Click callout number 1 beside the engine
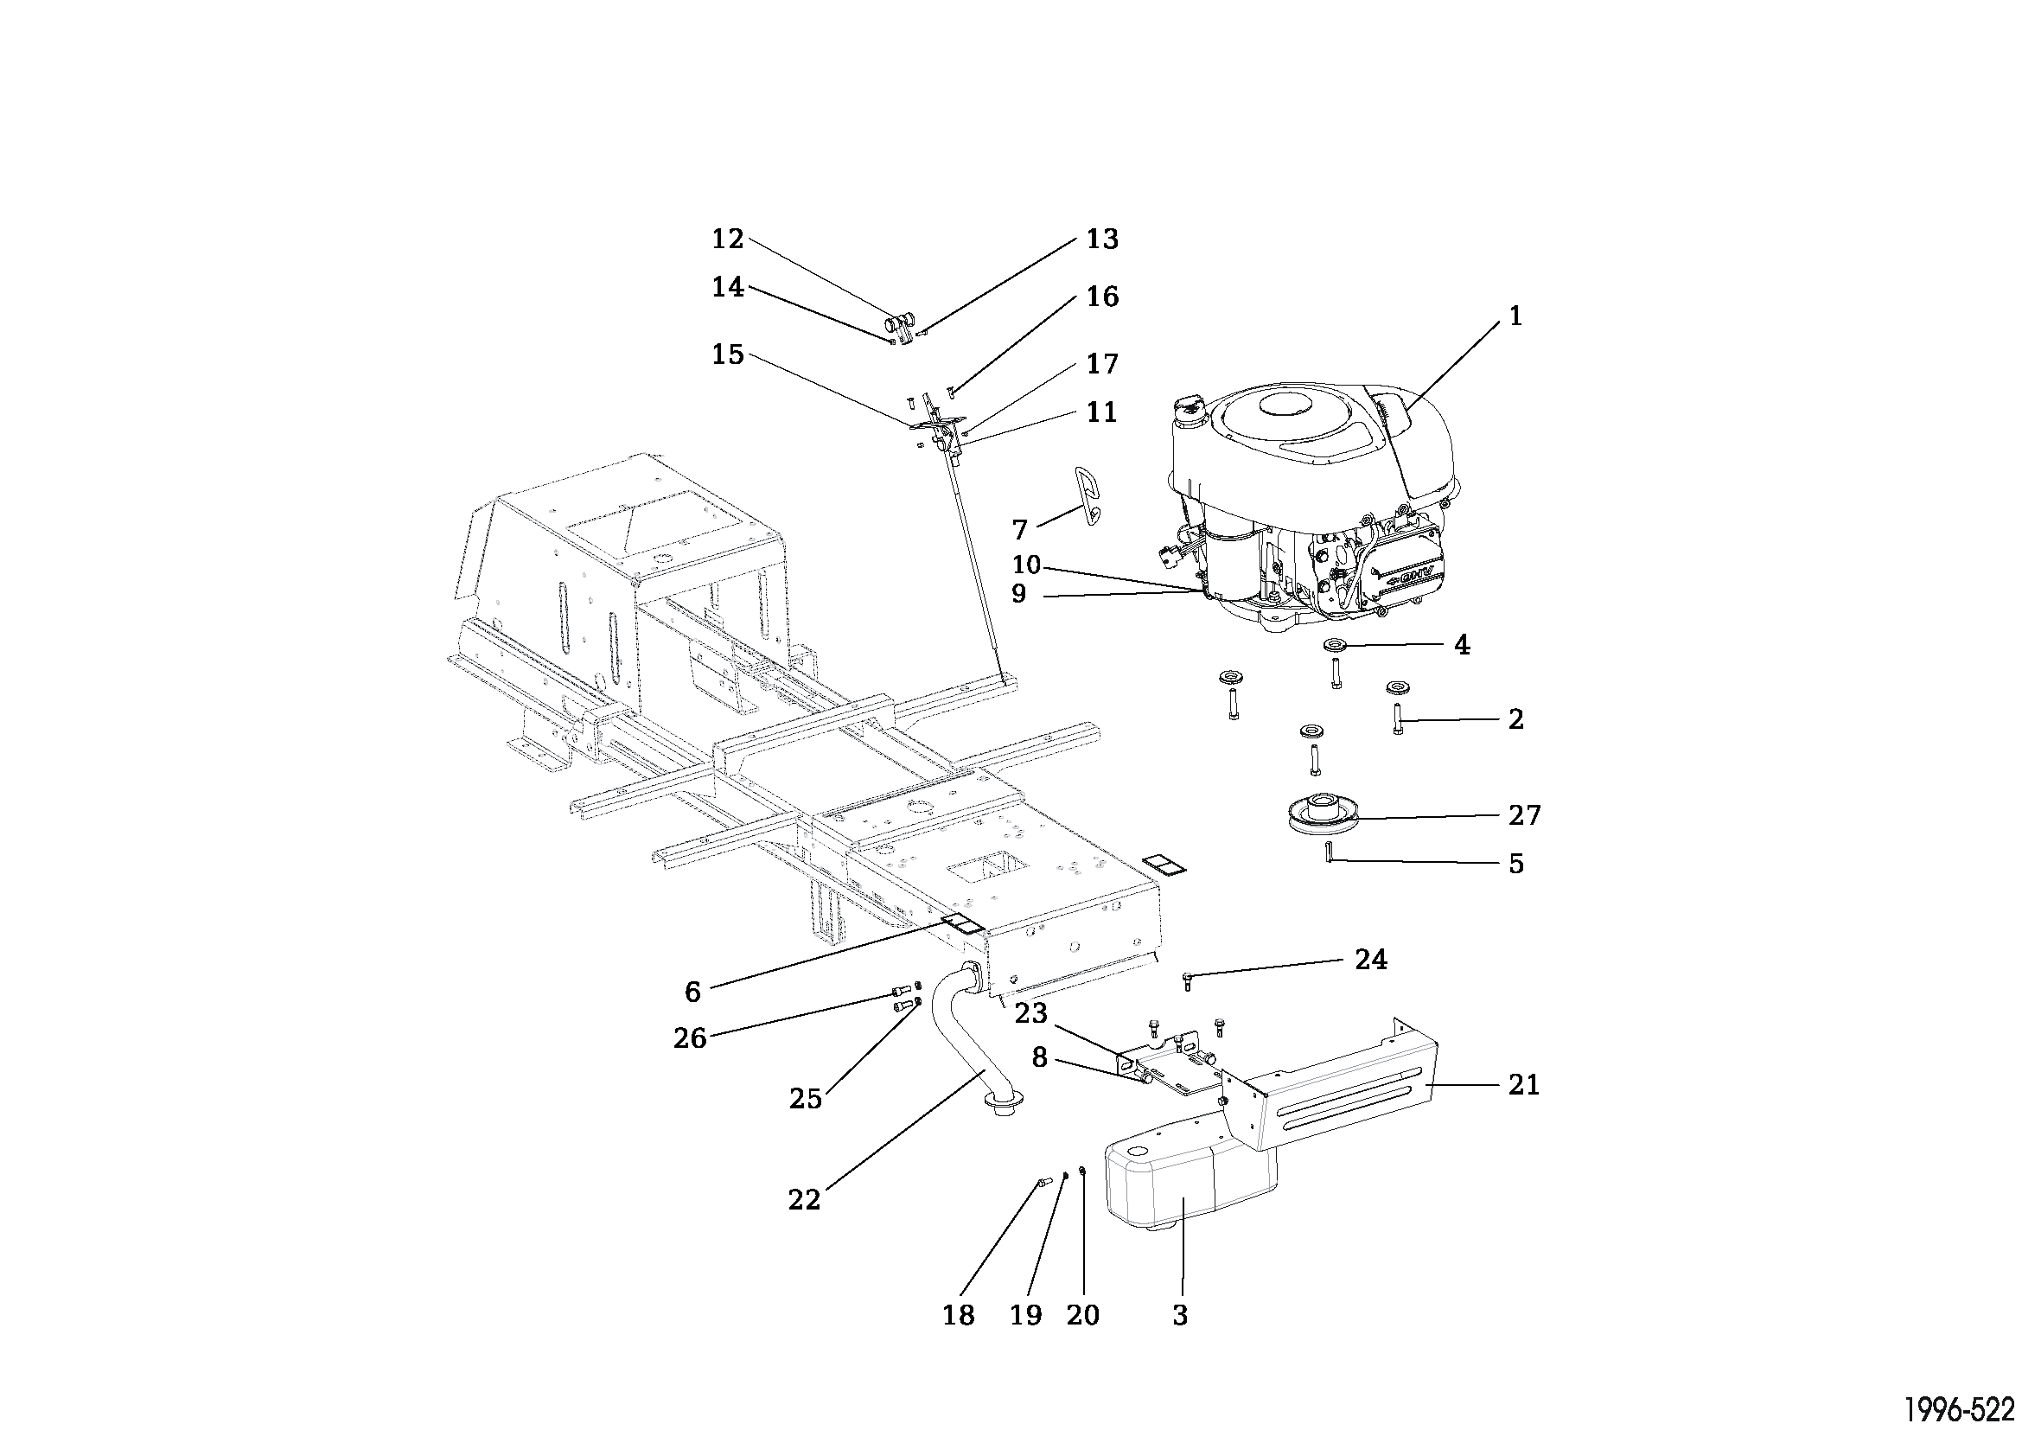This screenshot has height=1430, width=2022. [1515, 316]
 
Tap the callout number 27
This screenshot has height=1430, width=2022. [1524, 815]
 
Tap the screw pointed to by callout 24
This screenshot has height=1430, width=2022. [1186, 978]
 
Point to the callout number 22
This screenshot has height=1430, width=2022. [804, 1199]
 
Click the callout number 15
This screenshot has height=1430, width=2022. [728, 354]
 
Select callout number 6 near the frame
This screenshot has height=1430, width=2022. [692, 993]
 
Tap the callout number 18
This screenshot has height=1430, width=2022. [958, 1316]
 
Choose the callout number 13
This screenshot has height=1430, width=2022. [1101, 239]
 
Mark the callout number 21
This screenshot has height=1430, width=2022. [1523, 1086]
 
